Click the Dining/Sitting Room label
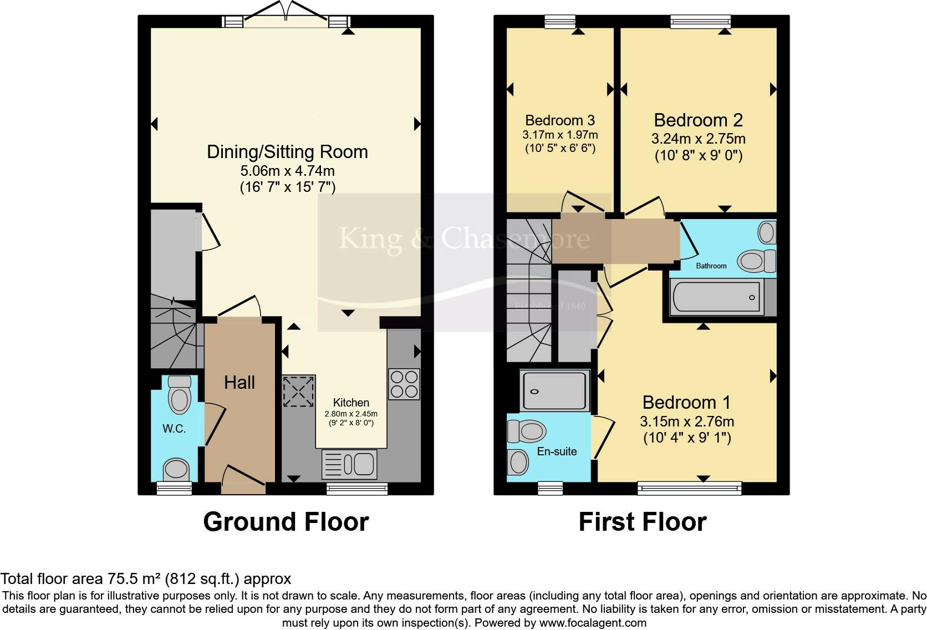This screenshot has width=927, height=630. coord(287,152)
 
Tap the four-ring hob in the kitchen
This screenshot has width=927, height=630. coord(404,384)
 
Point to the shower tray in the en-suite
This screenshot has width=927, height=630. coord(553,391)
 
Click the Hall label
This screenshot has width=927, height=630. coord(240,382)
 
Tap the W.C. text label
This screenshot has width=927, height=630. coord(174,429)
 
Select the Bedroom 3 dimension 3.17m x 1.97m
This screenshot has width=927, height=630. coord(560,135)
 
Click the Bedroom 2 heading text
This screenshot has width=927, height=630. coord(698,120)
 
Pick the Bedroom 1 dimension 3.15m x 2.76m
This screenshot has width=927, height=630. coord(687,421)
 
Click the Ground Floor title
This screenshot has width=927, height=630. coord(286,522)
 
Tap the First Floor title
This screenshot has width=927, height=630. coord(642,522)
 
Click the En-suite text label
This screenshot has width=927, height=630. coord(557,451)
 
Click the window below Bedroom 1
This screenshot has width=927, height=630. coord(689,488)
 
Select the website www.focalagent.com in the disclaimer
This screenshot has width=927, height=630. coord(592,623)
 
